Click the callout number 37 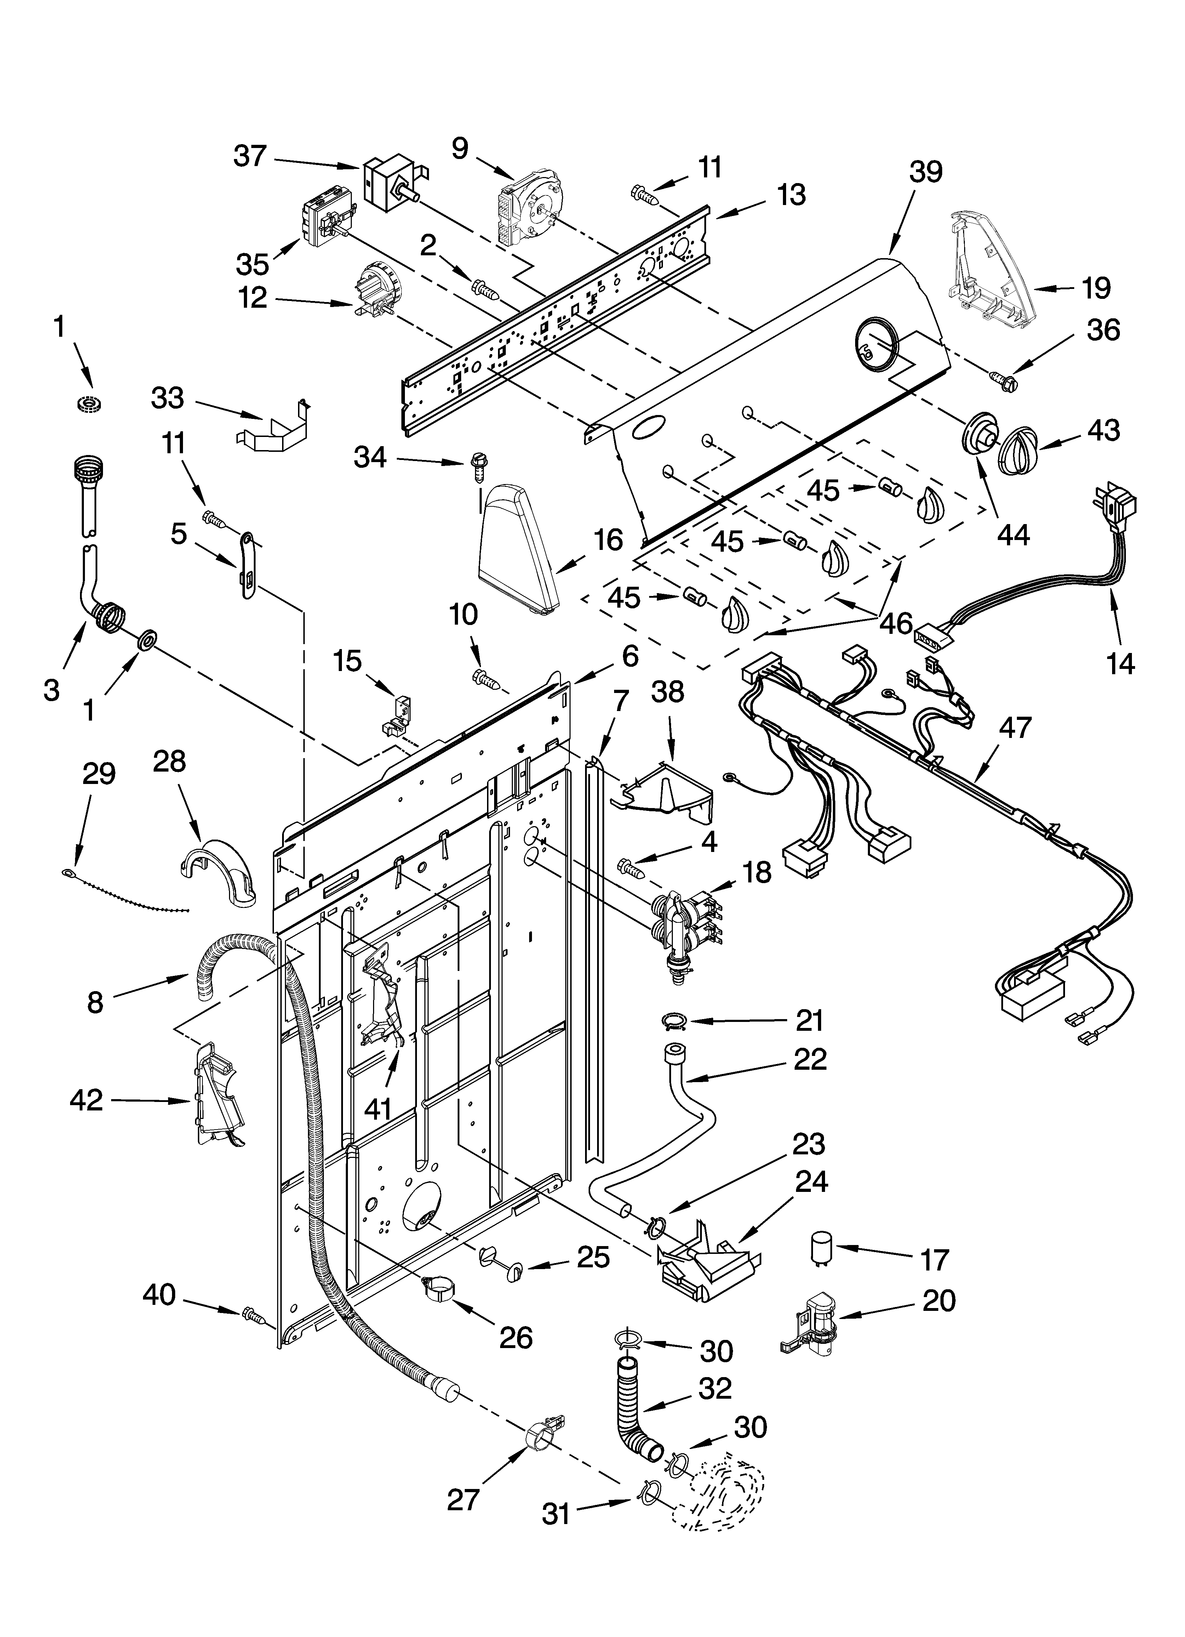point(251,156)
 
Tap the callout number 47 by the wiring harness point(1015,728)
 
